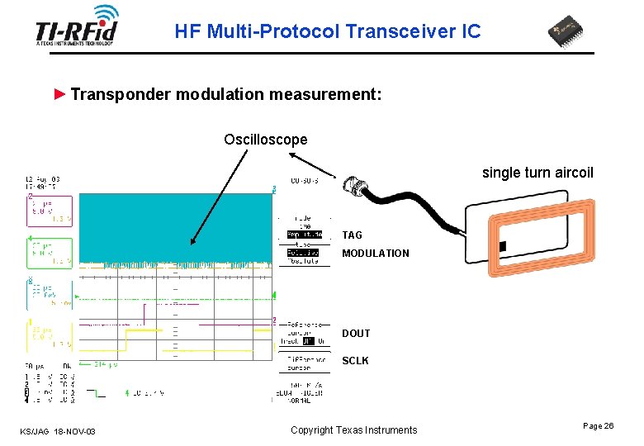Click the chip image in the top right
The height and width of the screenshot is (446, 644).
click(571, 33)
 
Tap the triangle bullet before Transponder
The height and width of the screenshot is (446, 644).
click(59, 94)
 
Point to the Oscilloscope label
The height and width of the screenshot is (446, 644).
click(265, 140)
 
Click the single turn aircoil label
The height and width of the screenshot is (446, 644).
click(537, 173)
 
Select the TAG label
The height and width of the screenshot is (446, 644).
click(352, 235)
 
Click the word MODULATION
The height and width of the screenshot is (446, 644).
click(375, 254)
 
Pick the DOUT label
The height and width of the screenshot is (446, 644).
click(356, 334)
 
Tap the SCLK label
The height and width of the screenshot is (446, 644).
click(355, 361)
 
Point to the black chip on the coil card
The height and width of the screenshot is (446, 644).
click(502, 246)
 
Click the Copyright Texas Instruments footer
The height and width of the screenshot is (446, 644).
click(353, 430)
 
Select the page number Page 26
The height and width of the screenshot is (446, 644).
click(598, 426)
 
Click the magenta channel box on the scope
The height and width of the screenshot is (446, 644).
click(49, 211)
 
